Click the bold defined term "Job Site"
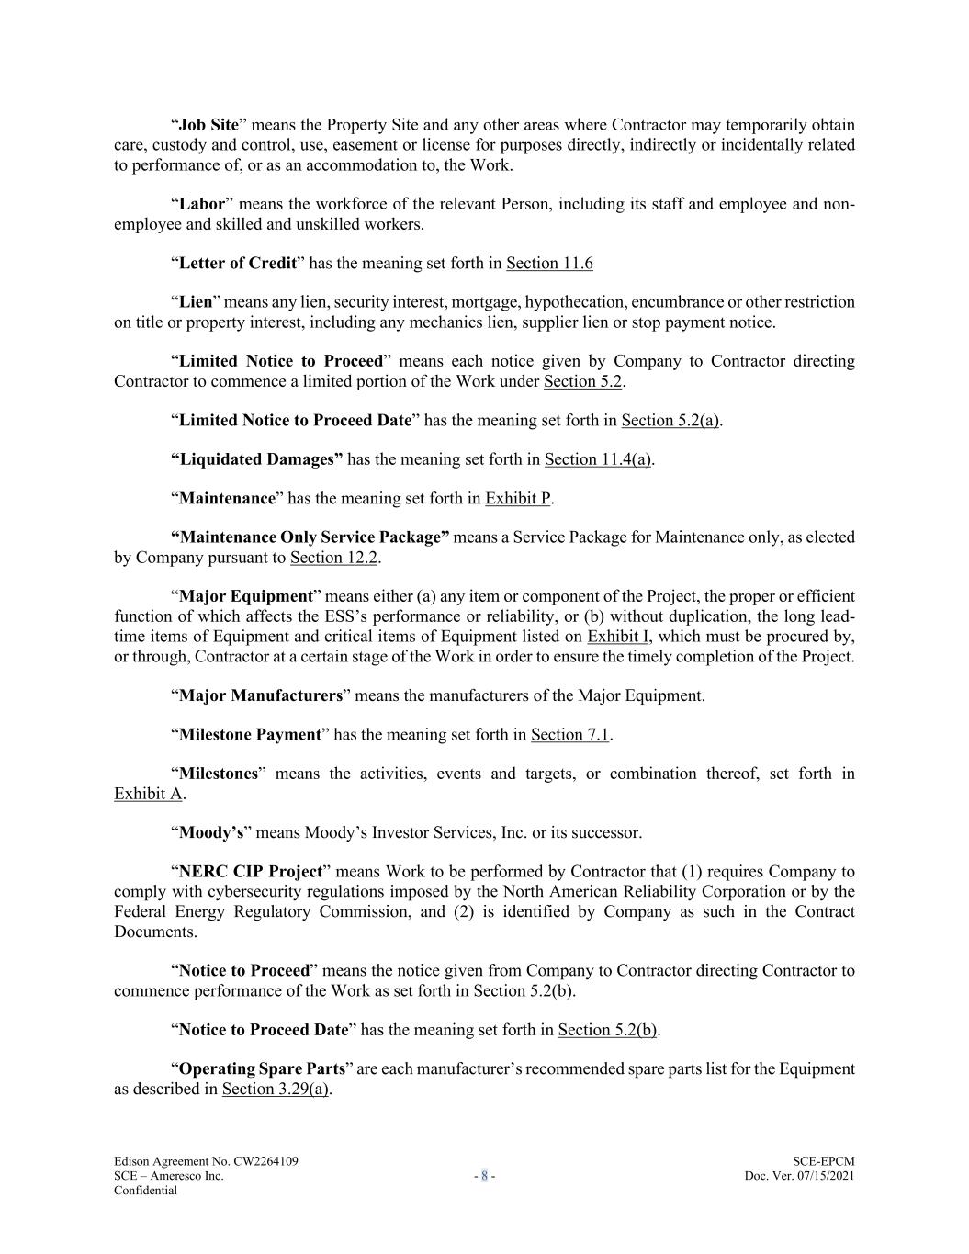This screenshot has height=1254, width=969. point(208,125)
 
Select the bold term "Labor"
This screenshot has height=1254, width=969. point(201,204)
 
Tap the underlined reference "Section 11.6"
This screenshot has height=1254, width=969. point(549,264)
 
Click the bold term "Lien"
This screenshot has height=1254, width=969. point(195,302)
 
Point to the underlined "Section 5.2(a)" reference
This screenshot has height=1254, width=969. point(670,421)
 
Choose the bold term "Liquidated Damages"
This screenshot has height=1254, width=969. point(261,459)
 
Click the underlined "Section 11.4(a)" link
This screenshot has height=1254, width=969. point(598,459)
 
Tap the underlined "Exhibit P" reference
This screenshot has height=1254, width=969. point(518,499)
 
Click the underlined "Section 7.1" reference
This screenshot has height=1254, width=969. point(570,735)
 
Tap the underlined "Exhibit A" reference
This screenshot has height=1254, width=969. point(148,794)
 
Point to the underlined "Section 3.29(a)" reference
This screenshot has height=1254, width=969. point(276,1090)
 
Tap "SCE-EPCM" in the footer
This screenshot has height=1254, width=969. point(823,1162)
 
